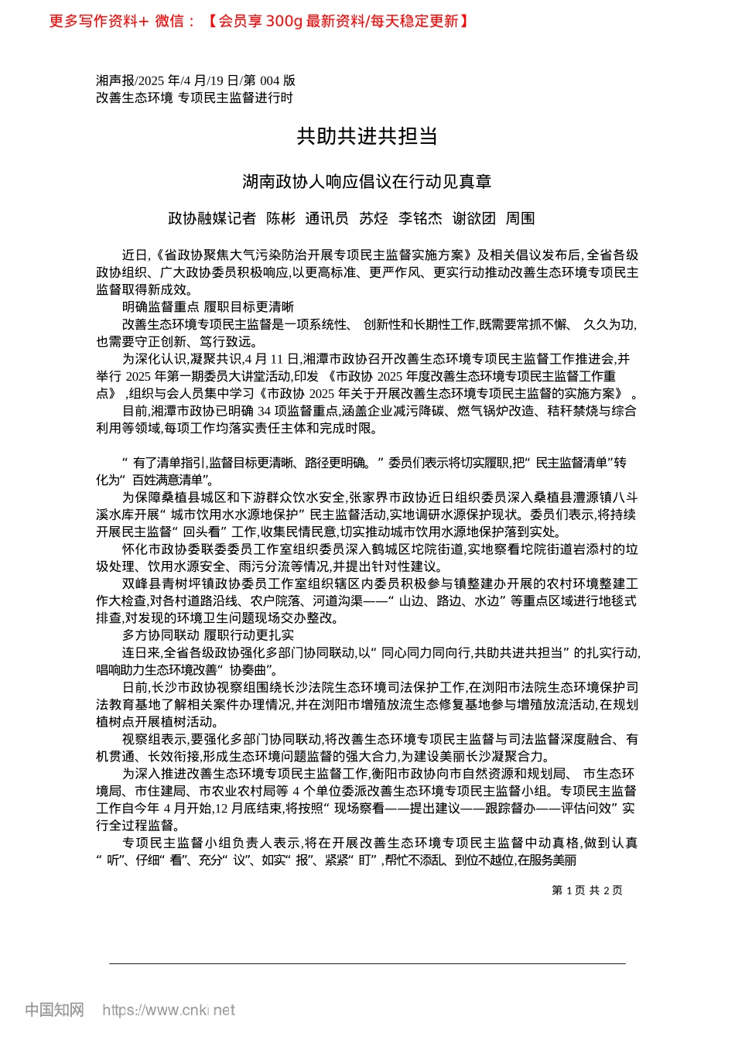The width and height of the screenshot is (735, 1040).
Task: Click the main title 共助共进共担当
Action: (367, 136)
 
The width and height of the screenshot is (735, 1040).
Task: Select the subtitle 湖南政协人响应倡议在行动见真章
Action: (367, 182)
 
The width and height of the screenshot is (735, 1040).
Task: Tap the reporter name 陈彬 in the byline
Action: (281, 219)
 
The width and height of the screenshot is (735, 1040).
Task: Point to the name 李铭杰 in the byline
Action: (420, 219)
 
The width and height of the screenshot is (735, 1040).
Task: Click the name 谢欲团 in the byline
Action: (473, 219)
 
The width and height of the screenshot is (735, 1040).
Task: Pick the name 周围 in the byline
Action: (520, 219)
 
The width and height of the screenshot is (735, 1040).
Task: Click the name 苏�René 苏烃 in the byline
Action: (373, 219)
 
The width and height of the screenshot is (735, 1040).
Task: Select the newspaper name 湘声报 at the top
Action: (115, 80)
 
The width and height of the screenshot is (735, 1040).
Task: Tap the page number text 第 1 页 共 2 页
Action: (587, 891)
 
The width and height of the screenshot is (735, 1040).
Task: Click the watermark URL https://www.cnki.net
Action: (169, 1010)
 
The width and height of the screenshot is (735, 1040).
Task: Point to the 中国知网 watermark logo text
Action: (54, 1010)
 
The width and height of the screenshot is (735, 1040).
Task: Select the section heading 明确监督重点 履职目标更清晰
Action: (208, 307)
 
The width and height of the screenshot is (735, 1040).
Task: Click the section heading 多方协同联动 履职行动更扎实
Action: (208, 635)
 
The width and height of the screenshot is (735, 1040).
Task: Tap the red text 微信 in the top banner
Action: (169, 21)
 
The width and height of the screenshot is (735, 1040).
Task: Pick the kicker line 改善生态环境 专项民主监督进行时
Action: (194, 97)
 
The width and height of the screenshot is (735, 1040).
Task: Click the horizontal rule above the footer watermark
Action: (367, 963)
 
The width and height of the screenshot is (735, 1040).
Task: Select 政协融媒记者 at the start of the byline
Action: (212, 219)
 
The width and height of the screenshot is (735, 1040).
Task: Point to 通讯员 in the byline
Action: (326, 219)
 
